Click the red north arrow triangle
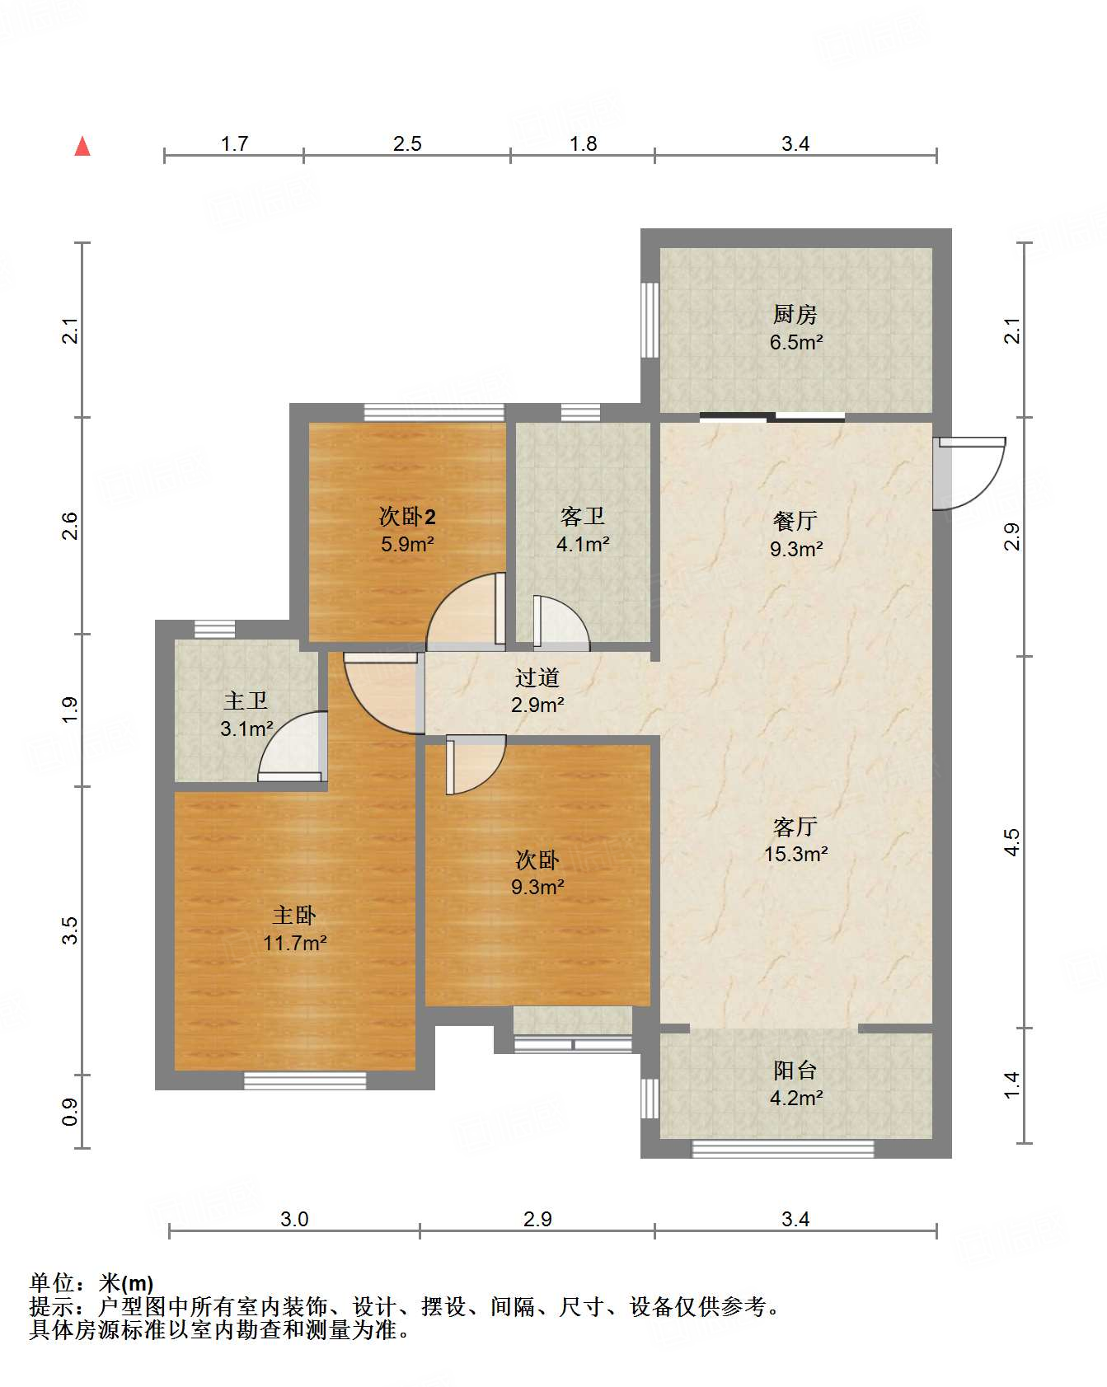(82, 146)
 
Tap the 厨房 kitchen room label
(795, 314)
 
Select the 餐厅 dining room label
(795, 521)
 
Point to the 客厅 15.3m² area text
(796, 854)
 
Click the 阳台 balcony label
(795, 1070)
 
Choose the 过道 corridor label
(537, 677)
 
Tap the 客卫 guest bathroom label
(583, 517)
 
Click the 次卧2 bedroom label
(407, 517)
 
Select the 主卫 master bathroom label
(246, 701)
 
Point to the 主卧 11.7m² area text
(295, 942)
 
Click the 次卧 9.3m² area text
(537, 887)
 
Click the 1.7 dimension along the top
(234, 143)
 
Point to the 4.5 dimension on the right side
(1011, 842)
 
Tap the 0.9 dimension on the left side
(70, 1112)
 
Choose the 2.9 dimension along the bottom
(537, 1219)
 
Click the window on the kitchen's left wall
(650, 320)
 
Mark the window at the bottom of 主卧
(305, 1080)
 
